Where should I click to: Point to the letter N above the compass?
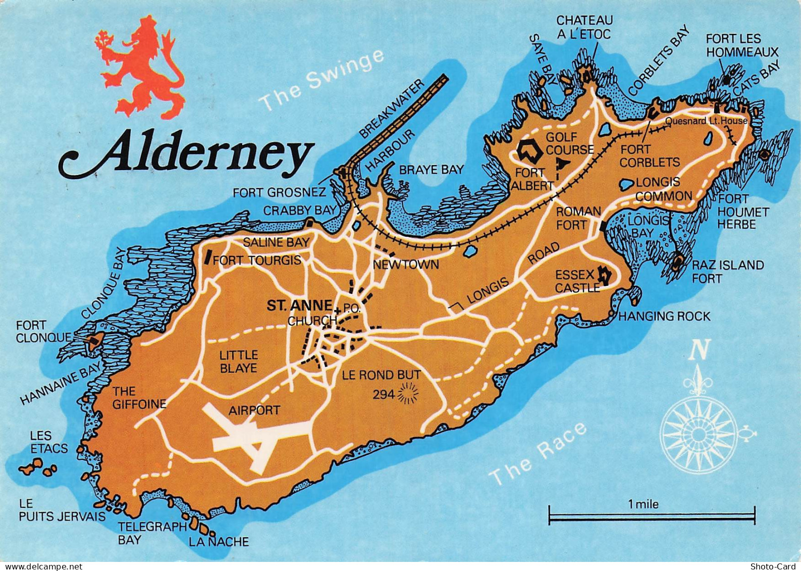[x=701, y=349]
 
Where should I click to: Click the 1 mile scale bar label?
[x=643, y=504]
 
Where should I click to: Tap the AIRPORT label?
[x=254, y=410]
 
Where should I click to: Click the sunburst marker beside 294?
[x=408, y=393]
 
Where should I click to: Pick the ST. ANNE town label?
[x=299, y=306]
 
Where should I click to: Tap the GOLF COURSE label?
[x=569, y=143]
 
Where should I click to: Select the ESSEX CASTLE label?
[x=576, y=281]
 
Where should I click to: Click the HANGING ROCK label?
[x=664, y=317]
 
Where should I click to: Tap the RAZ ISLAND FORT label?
[x=727, y=271]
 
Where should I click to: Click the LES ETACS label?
[x=49, y=442]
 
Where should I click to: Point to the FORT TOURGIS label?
[x=257, y=260]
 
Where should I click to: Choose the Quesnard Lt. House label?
[x=706, y=121]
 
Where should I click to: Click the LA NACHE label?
[x=219, y=542]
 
